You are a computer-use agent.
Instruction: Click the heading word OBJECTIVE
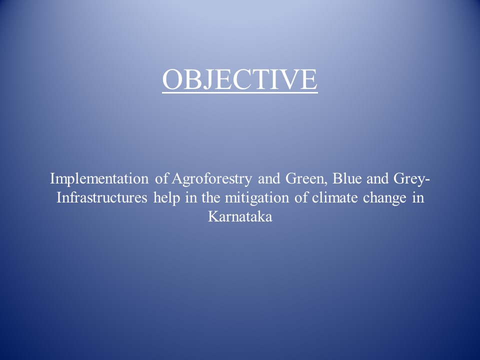(x=240, y=79)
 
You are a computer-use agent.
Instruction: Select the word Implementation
(x=99, y=179)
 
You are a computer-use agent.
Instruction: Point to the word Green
(x=304, y=178)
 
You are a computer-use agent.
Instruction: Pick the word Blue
(x=347, y=178)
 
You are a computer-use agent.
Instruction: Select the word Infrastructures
(x=102, y=197)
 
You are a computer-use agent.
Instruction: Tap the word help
(x=167, y=198)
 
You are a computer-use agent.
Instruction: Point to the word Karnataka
(x=240, y=216)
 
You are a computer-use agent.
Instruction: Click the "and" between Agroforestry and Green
(x=269, y=178)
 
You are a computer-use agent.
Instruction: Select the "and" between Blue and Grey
(x=377, y=178)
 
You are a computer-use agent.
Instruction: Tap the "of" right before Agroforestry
(x=161, y=178)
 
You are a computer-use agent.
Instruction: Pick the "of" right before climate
(x=301, y=197)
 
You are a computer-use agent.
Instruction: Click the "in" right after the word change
(x=418, y=197)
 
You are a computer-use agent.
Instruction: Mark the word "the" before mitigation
(x=210, y=197)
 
